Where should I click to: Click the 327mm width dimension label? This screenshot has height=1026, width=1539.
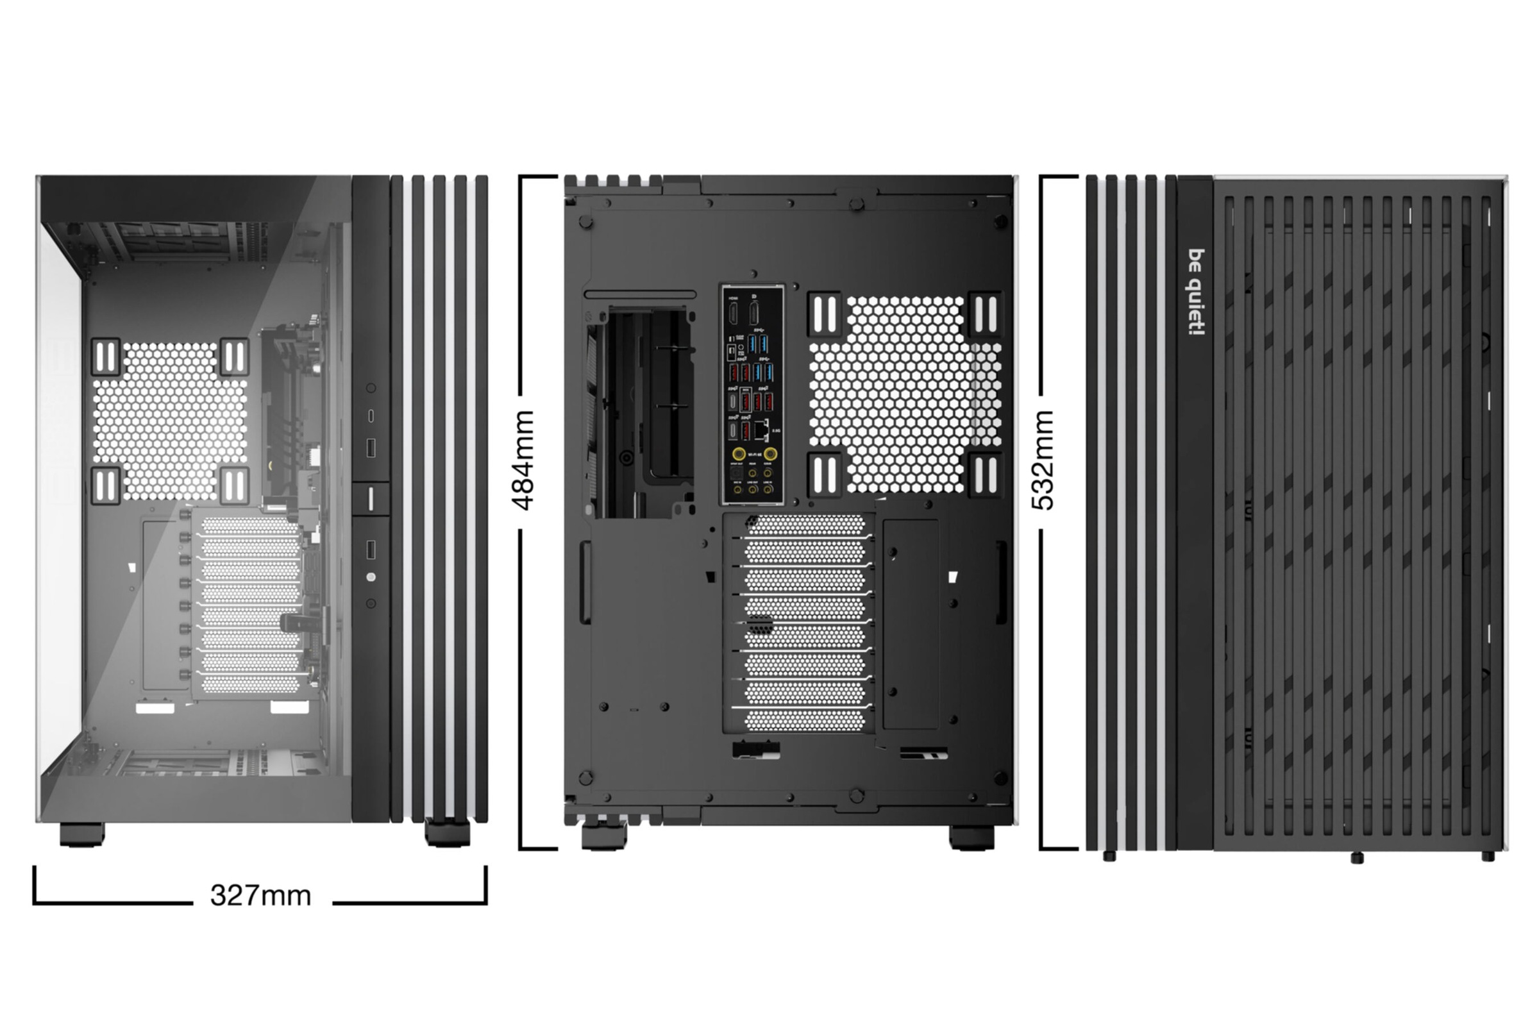point(260,895)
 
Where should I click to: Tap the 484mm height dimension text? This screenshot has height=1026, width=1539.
point(523,460)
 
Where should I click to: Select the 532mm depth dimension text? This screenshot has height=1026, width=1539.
point(1043,460)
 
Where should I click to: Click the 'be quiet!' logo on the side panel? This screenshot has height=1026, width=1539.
point(1195,292)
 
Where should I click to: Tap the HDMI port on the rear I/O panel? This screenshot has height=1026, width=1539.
point(734,312)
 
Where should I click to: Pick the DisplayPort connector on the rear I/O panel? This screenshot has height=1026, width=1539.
point(754,312)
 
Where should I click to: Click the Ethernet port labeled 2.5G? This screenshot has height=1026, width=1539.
point(760,429)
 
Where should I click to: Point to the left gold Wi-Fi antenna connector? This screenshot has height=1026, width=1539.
point(738,454)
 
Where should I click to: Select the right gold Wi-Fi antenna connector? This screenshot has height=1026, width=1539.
point(770,454)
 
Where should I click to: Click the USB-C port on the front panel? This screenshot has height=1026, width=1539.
point(371,416)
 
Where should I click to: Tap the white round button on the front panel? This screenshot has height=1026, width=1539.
point(371,577)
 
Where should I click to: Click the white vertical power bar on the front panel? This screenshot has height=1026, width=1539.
point(371,499)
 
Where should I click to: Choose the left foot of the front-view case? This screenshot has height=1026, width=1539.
point(82,834)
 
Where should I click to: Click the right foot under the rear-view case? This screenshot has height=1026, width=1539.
point(971,837)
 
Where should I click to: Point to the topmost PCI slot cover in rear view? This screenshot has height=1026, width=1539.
point(805,525)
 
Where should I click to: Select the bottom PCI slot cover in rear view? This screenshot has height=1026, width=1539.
point(805,720)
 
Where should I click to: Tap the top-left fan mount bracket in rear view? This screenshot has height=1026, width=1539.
point(825,314)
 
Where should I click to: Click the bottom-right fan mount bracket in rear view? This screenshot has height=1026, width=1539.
point(985,475)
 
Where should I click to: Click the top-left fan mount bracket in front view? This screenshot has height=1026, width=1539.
point(105,357)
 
